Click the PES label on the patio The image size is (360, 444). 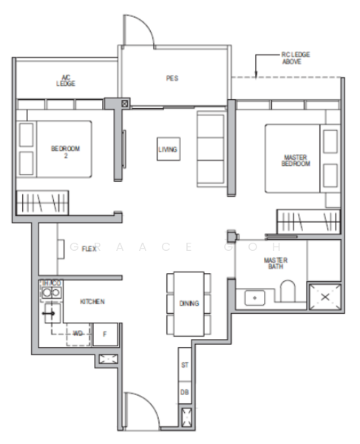click(172, 77)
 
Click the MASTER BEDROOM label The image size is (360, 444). click(295, 160)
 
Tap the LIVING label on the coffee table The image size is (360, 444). click(168, 149)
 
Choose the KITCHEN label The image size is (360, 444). click(92, 302)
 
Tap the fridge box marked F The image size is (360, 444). click(104, 334)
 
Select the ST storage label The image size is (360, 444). click(185, 366)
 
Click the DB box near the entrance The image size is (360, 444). click(185, 391)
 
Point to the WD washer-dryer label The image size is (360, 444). click(78, 334)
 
